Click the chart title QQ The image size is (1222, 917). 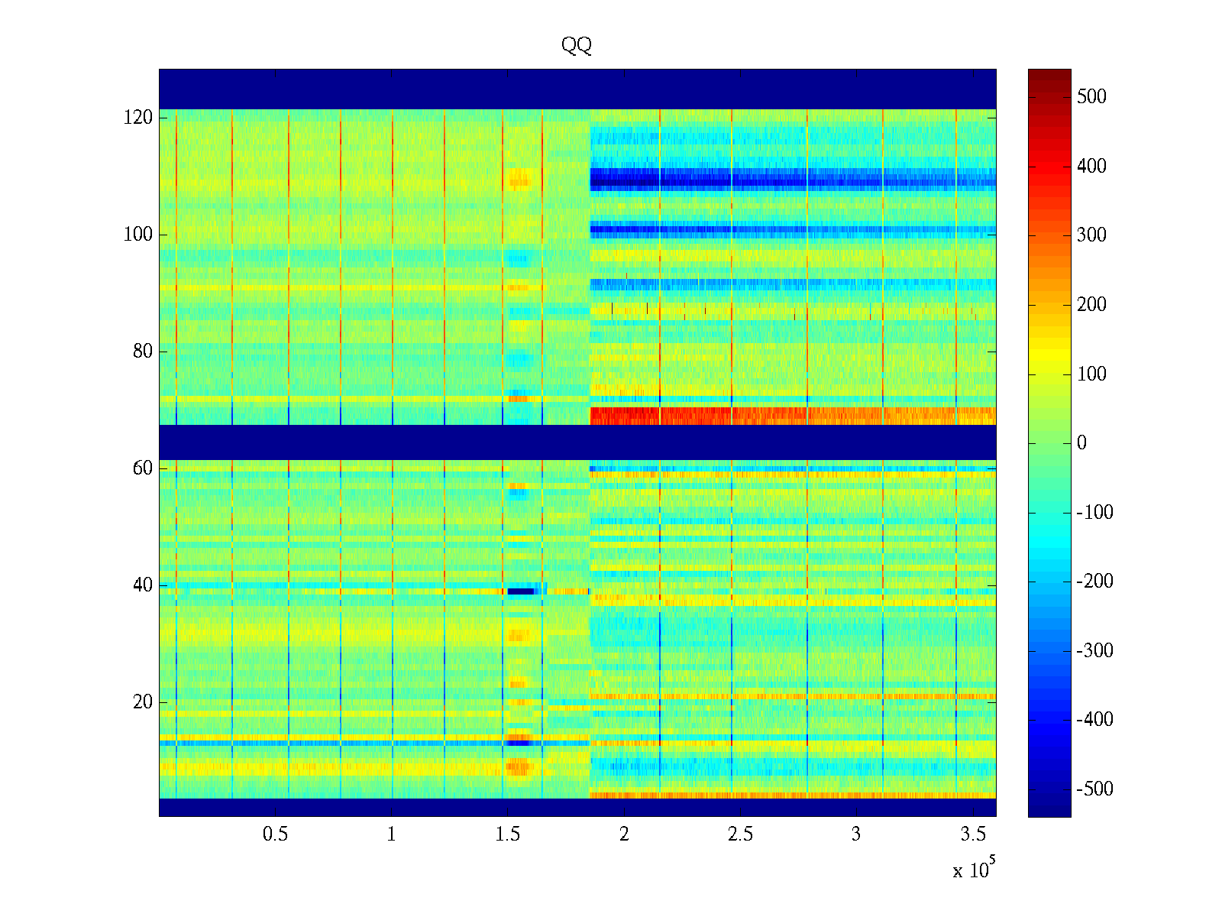(577, 46)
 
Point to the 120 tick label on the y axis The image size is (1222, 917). (137, 118)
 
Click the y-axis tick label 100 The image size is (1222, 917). (137, 235)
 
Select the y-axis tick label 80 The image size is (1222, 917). (142, 352)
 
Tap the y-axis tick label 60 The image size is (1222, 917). (142, 468)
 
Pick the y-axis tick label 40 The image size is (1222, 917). (142, 585)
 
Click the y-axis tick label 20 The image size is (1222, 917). (142, 702)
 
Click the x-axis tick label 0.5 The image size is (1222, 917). (275, 834)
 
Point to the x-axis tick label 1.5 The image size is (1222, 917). (508, 834)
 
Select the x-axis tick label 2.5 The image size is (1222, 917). (740, 834)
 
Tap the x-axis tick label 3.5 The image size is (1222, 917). (973, 834)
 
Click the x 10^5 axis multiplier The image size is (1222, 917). (973, 870)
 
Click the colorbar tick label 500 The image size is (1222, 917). (1091, 97)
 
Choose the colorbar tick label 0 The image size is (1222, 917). (1081, 443)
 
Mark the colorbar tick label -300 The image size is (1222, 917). (1094, 651)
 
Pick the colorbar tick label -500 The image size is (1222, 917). (1094, 789)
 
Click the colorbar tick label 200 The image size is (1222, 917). (1091, 305)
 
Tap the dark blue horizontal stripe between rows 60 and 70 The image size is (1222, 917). (577, 442)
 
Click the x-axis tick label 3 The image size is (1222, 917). (856, 834)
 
